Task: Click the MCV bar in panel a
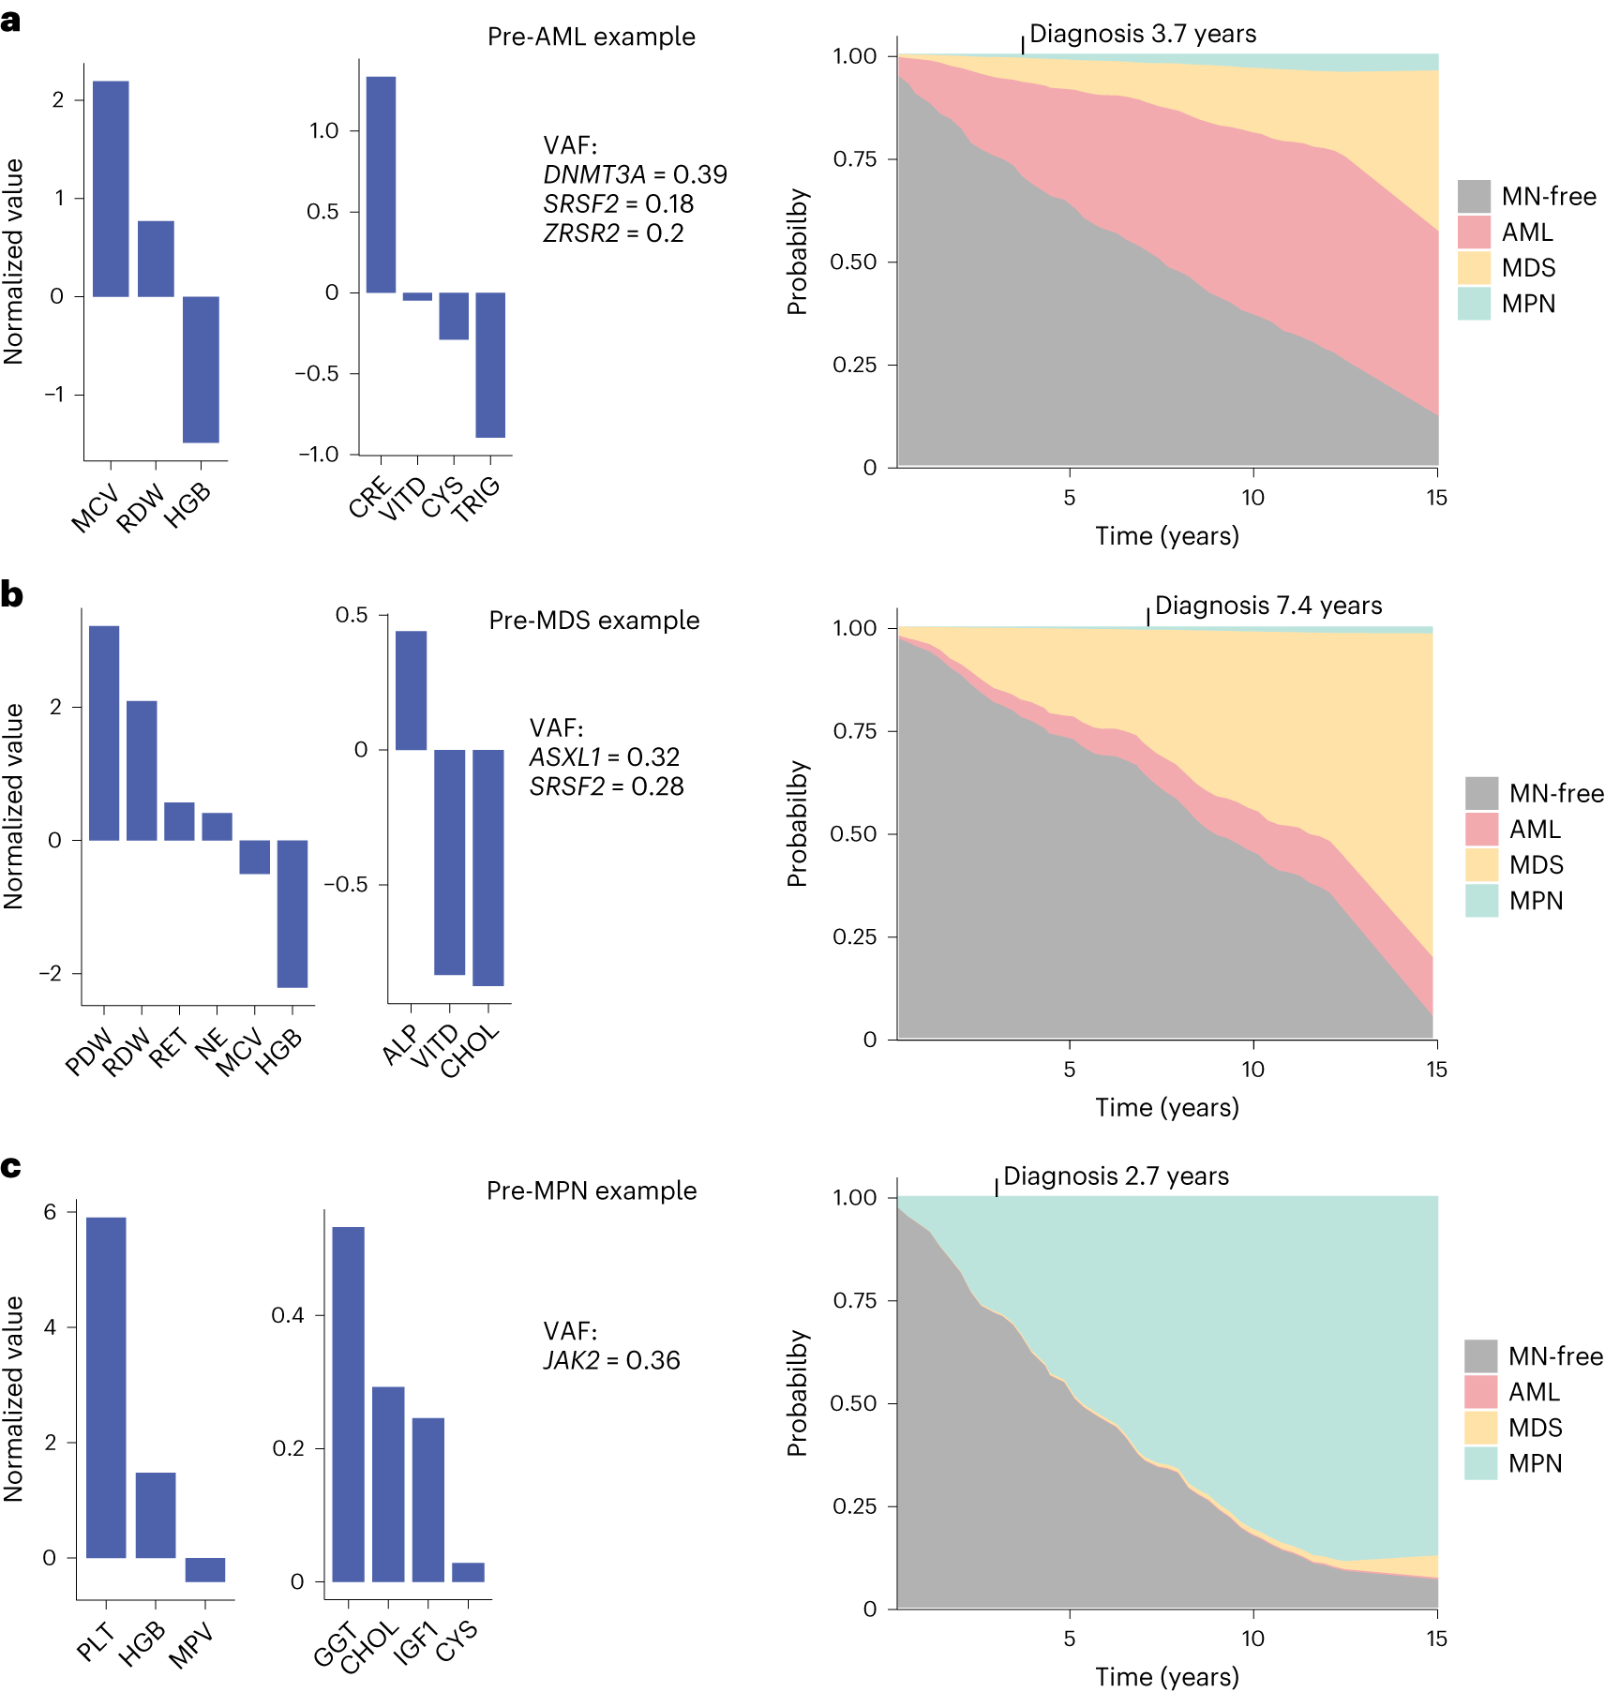pos(111,188)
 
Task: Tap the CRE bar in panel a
pos(381,185)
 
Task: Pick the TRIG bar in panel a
pos(490,365)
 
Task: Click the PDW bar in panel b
pos(104,732)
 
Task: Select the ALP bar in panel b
pos(411,690)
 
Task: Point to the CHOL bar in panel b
pos(488,867)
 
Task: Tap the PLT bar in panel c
pos(106,1387)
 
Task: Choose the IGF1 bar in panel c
pos(428,1500)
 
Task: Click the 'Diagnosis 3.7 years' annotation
pos(1142,34)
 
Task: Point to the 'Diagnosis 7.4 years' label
pos(1267,606)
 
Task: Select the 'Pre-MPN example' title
pos(592,1190)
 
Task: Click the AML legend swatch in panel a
pos(1474,232)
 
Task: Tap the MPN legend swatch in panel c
pos(1480,1463)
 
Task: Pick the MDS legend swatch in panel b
pos(1481,864)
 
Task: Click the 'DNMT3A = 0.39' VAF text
pos(635,174)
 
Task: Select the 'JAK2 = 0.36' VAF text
pos(611,1360)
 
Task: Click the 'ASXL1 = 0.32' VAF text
pos(604,756)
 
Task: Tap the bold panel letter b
pos(12,594)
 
